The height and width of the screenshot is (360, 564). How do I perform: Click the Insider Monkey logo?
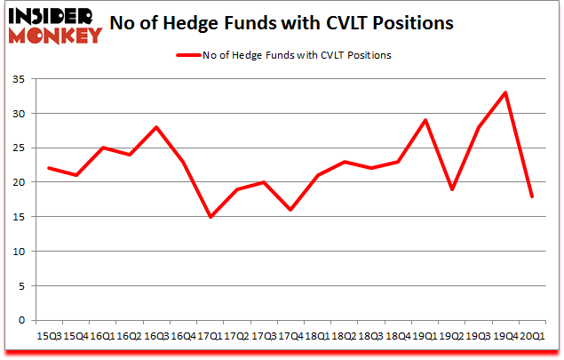click(x=55, y=25)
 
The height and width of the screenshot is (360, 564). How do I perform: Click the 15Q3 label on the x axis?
click(x=48, y=337)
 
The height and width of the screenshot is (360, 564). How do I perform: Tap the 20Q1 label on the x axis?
click(x=532, y=337)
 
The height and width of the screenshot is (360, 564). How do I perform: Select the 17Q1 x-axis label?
click(x=210, y=337)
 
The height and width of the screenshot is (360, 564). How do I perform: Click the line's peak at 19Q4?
click(x=505, y=92)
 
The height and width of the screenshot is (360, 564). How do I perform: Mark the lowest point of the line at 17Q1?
click(x=210, y=217)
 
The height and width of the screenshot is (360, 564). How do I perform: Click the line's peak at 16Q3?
click(x=156, y=127)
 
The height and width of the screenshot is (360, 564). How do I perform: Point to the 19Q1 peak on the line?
click(x=425, y=120)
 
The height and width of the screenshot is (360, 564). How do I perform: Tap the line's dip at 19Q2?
click(x=451, y=189)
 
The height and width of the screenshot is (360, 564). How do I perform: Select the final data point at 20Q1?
click(x=532, y=196)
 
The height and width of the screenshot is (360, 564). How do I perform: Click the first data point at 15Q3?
click(x=48, y=168)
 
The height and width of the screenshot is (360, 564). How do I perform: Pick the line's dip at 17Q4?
click(x=290, y=210)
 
